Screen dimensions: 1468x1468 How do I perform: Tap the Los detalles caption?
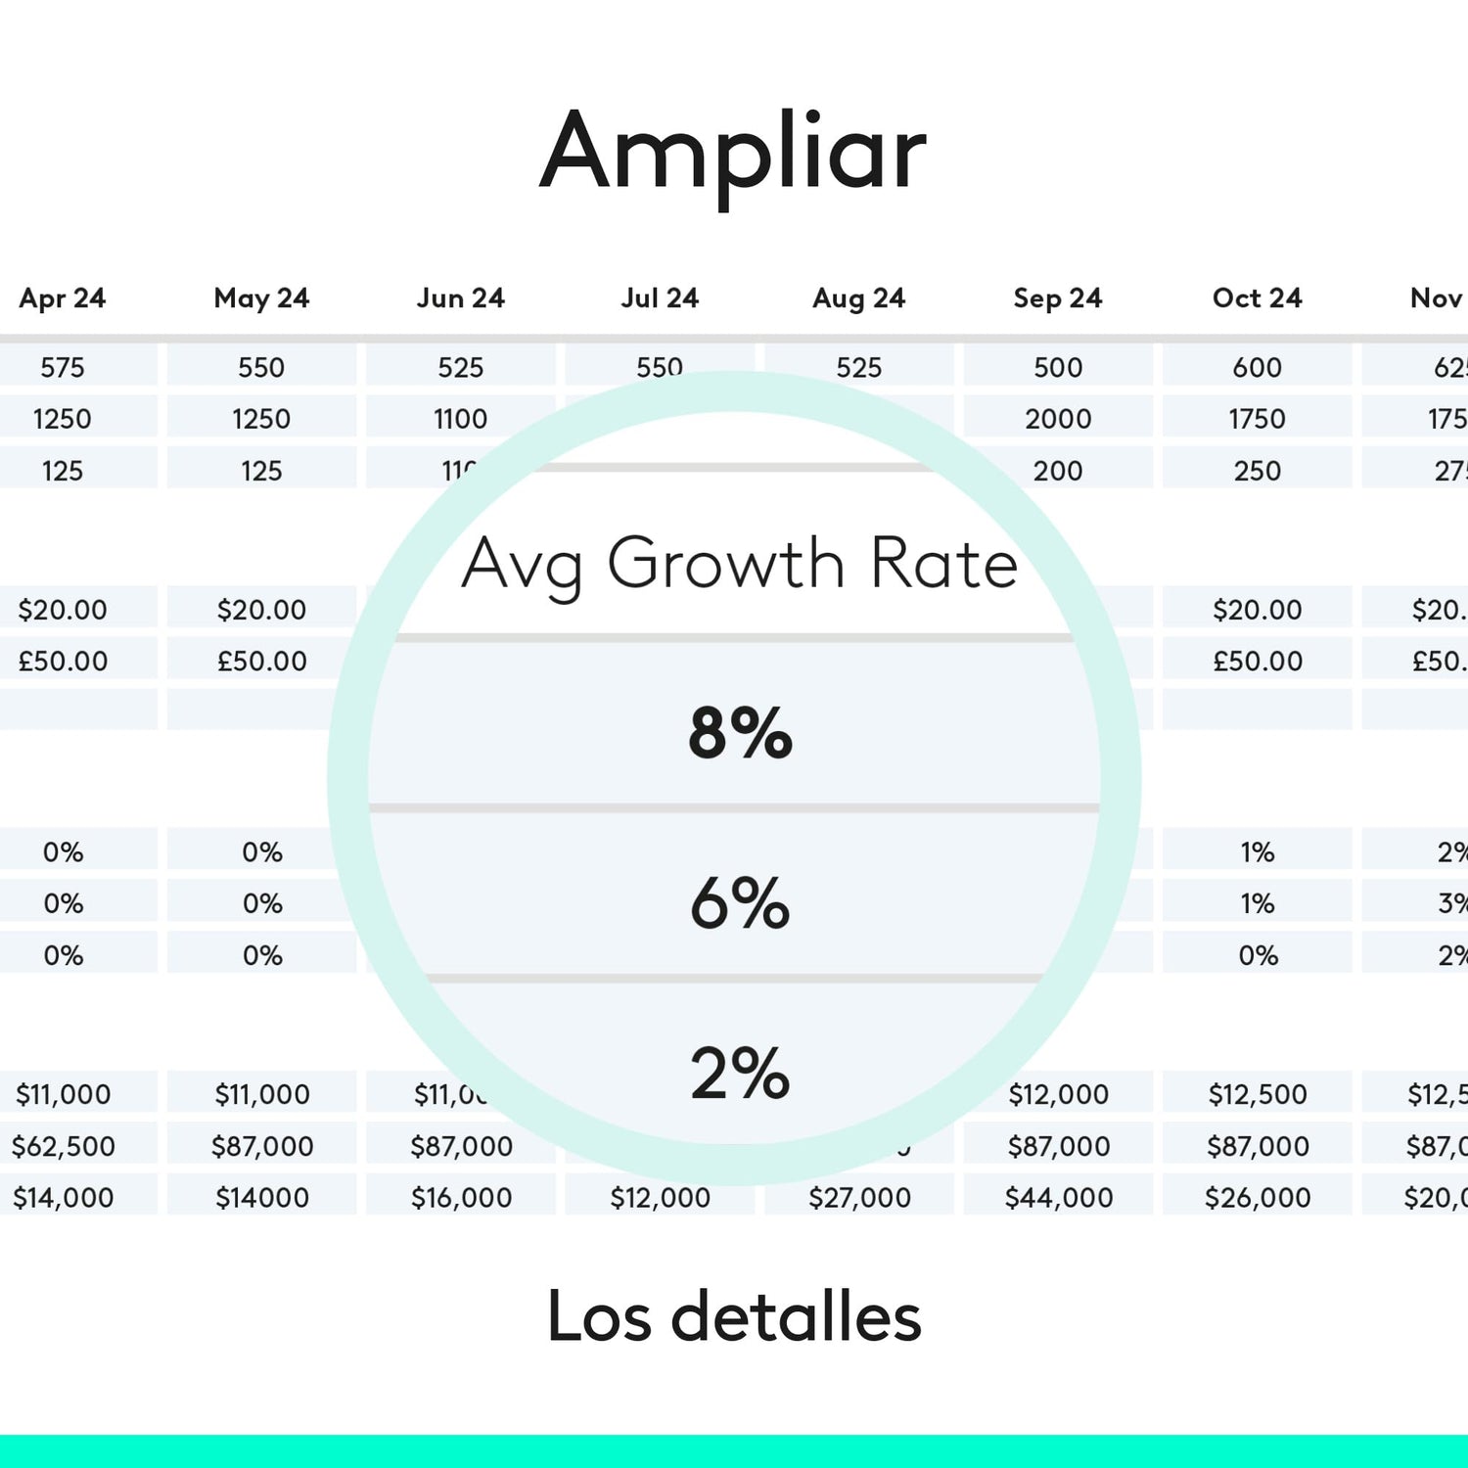click(x=734, y=1317)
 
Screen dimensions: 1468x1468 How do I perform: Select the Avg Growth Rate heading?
click(x=740, y=565)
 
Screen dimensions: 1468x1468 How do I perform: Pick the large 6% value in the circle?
click(x=740, y=902)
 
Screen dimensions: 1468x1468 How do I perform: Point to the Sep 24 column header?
click(x=1058, y=298)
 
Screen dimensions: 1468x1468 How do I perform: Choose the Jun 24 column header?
click(x=460, y=298)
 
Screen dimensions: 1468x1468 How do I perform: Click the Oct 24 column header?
click(x=1257, y=298)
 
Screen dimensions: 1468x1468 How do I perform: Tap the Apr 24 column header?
click(x=63, y=298)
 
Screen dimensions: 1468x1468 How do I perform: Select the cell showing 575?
click(x=63, y=367)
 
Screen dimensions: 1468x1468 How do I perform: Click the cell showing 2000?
click(x=1058, y=419)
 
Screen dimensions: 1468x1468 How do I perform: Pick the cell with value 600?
click(x=1257, y=367)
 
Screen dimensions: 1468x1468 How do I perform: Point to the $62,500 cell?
click(x=63, y=1146)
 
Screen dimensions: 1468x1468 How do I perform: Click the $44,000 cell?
click(x=1058, y=1197)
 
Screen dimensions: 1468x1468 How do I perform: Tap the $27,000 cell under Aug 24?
click(x=859, y=1197)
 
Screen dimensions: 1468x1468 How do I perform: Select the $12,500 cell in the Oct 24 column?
click(x=1257, y=1094)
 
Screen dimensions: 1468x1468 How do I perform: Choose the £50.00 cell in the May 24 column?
click(x=261, y=662)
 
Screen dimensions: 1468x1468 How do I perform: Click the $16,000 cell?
click(x=460, y=1197)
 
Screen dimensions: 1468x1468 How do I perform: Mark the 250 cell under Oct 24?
click(x=1257, y=471)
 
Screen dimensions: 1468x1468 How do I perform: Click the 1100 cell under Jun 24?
click(x=460, y=419)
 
